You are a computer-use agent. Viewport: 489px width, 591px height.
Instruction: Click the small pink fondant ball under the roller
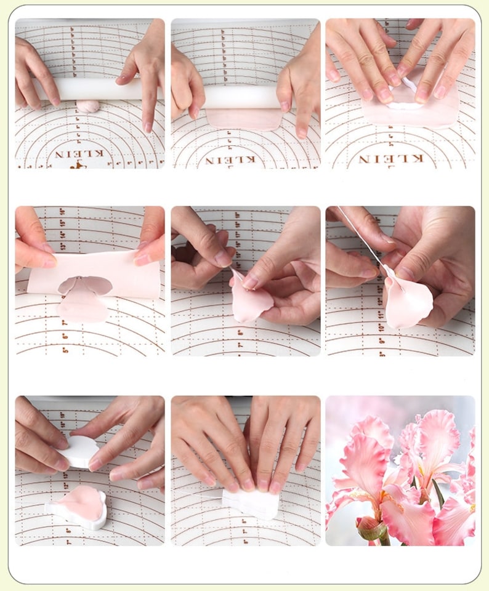87,106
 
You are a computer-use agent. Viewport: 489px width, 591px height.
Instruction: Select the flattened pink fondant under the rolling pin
243,119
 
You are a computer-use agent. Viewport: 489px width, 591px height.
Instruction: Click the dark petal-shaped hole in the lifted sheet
86,284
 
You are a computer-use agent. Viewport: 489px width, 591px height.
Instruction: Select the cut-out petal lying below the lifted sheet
83,308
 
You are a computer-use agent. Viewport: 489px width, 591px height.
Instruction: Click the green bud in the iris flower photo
370,528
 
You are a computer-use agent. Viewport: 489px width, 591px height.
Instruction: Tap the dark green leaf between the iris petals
438,492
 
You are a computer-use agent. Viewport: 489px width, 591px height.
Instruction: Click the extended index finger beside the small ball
146,102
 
